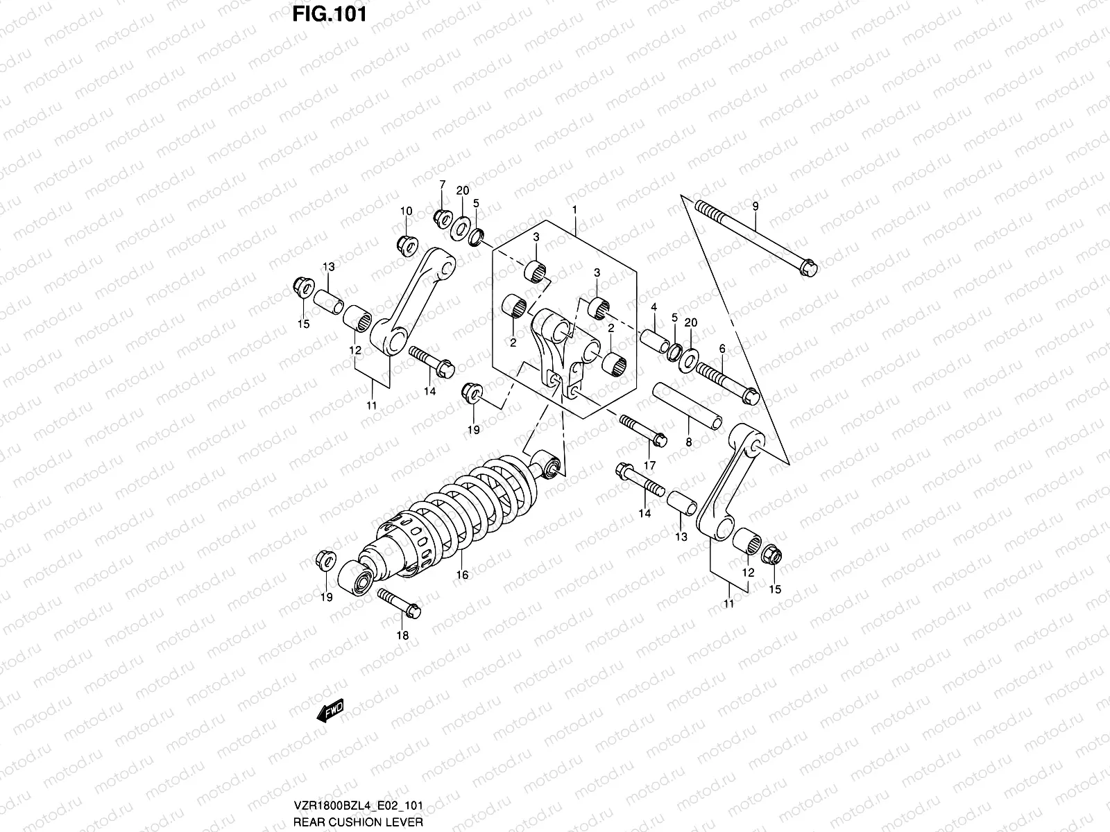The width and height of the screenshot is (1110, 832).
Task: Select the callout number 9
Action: tap(755, 206)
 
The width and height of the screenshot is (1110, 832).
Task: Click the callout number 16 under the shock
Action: tap(462, 574)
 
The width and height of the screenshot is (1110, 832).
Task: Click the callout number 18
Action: tap(402, 635)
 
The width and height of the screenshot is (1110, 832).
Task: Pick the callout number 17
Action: tap(650, 464)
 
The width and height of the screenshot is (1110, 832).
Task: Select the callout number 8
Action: tap(688, 440)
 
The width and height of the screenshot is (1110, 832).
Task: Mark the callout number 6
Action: tap(721, 348)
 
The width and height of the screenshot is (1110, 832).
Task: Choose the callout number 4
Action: tap(654, 306)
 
